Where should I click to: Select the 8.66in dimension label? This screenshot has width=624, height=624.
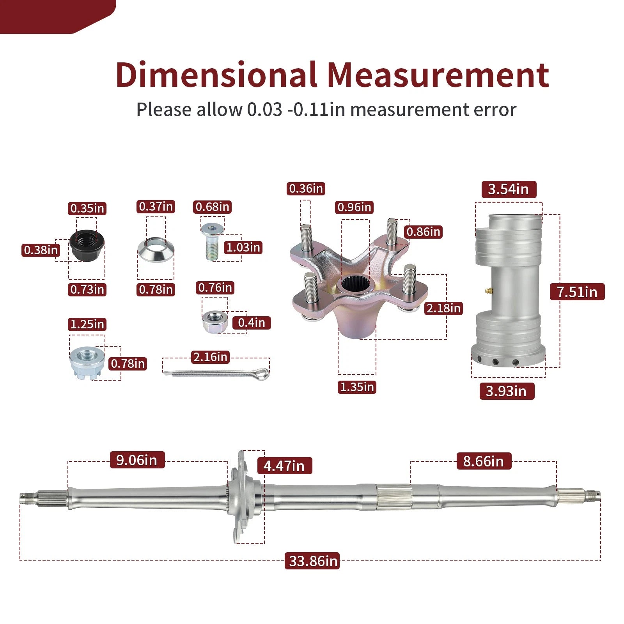tap(484, 461)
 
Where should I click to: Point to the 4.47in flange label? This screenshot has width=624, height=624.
tap(285, 466)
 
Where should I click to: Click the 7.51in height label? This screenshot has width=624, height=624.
tap(577, 292)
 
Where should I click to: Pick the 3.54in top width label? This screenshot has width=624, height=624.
tap(509, 190)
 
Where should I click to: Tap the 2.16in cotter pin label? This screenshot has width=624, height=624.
tap(211, 357)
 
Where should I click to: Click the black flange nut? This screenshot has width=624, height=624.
tap(87, 246)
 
